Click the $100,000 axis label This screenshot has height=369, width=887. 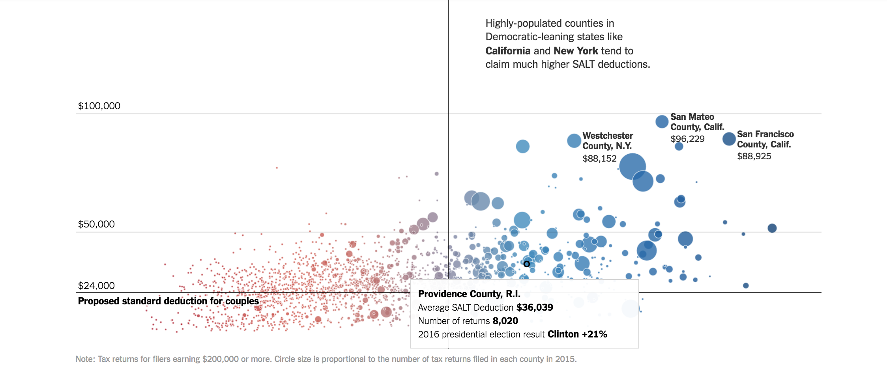[99, 106]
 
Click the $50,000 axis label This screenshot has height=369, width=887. [96, 224]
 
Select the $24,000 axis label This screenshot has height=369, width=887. [96, 286]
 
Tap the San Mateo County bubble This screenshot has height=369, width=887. [662, 121]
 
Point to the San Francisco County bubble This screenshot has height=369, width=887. [729, 139]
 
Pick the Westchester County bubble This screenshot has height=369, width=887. [574, 141]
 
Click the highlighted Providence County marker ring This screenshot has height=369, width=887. [526, 264]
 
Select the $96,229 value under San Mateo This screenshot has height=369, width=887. [687, 139]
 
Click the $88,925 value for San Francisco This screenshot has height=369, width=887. [754, 157]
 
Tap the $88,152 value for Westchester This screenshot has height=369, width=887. [599, 159]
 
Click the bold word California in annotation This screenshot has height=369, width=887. [508, 51]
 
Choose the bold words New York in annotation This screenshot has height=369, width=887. [576, 51]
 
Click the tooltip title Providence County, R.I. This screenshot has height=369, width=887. [469, 294]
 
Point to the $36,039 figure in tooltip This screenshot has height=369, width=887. [535, 307]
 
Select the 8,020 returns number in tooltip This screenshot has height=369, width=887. [505, 321]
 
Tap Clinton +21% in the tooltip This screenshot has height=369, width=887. [577, 334]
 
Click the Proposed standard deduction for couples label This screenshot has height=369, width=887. [168, 301]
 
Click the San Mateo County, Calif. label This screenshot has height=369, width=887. [697, 122]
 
